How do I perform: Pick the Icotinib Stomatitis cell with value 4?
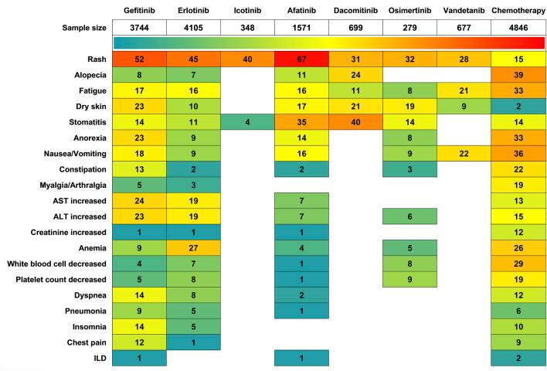247,121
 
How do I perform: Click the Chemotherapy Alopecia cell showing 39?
518,76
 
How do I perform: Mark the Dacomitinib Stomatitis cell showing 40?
355,121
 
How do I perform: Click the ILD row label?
98,358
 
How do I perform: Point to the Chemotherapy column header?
518,11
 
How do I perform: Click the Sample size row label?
79,28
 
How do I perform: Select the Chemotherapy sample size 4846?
518,28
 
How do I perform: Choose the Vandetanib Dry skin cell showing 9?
464,106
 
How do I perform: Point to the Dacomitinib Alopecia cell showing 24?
355,76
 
